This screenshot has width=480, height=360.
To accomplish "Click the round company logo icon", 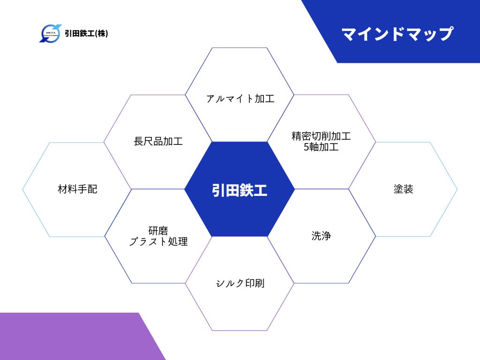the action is coord(51,33).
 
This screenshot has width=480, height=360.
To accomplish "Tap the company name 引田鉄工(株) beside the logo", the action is coord(86,33).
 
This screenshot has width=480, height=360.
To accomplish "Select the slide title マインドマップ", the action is coord(397,34).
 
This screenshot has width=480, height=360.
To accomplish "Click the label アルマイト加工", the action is coord(240,98).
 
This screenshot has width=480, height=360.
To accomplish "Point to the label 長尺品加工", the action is coord(158,141).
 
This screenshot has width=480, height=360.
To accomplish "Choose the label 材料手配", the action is coord(77,189).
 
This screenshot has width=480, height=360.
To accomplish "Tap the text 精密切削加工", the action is coord(321,136).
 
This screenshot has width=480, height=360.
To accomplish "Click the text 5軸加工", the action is coord(321,147).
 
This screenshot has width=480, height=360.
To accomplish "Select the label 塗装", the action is coord(404,189).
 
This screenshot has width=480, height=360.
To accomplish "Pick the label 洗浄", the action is coord(321,236).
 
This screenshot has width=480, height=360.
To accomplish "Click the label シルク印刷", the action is coord(240,283).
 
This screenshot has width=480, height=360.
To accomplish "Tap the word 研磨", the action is coord(158,230).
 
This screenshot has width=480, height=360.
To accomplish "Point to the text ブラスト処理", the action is coord(158,241).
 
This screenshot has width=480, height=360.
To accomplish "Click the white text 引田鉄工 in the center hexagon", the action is coord(240,190).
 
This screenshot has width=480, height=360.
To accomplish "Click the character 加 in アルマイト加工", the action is coord(260,98).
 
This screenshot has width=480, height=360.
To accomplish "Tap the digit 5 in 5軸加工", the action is coord(307,147).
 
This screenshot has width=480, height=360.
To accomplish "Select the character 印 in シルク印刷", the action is coord(250,283).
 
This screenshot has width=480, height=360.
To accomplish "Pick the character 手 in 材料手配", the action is coord(82,189).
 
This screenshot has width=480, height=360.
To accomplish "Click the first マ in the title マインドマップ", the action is coord(349,34).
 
